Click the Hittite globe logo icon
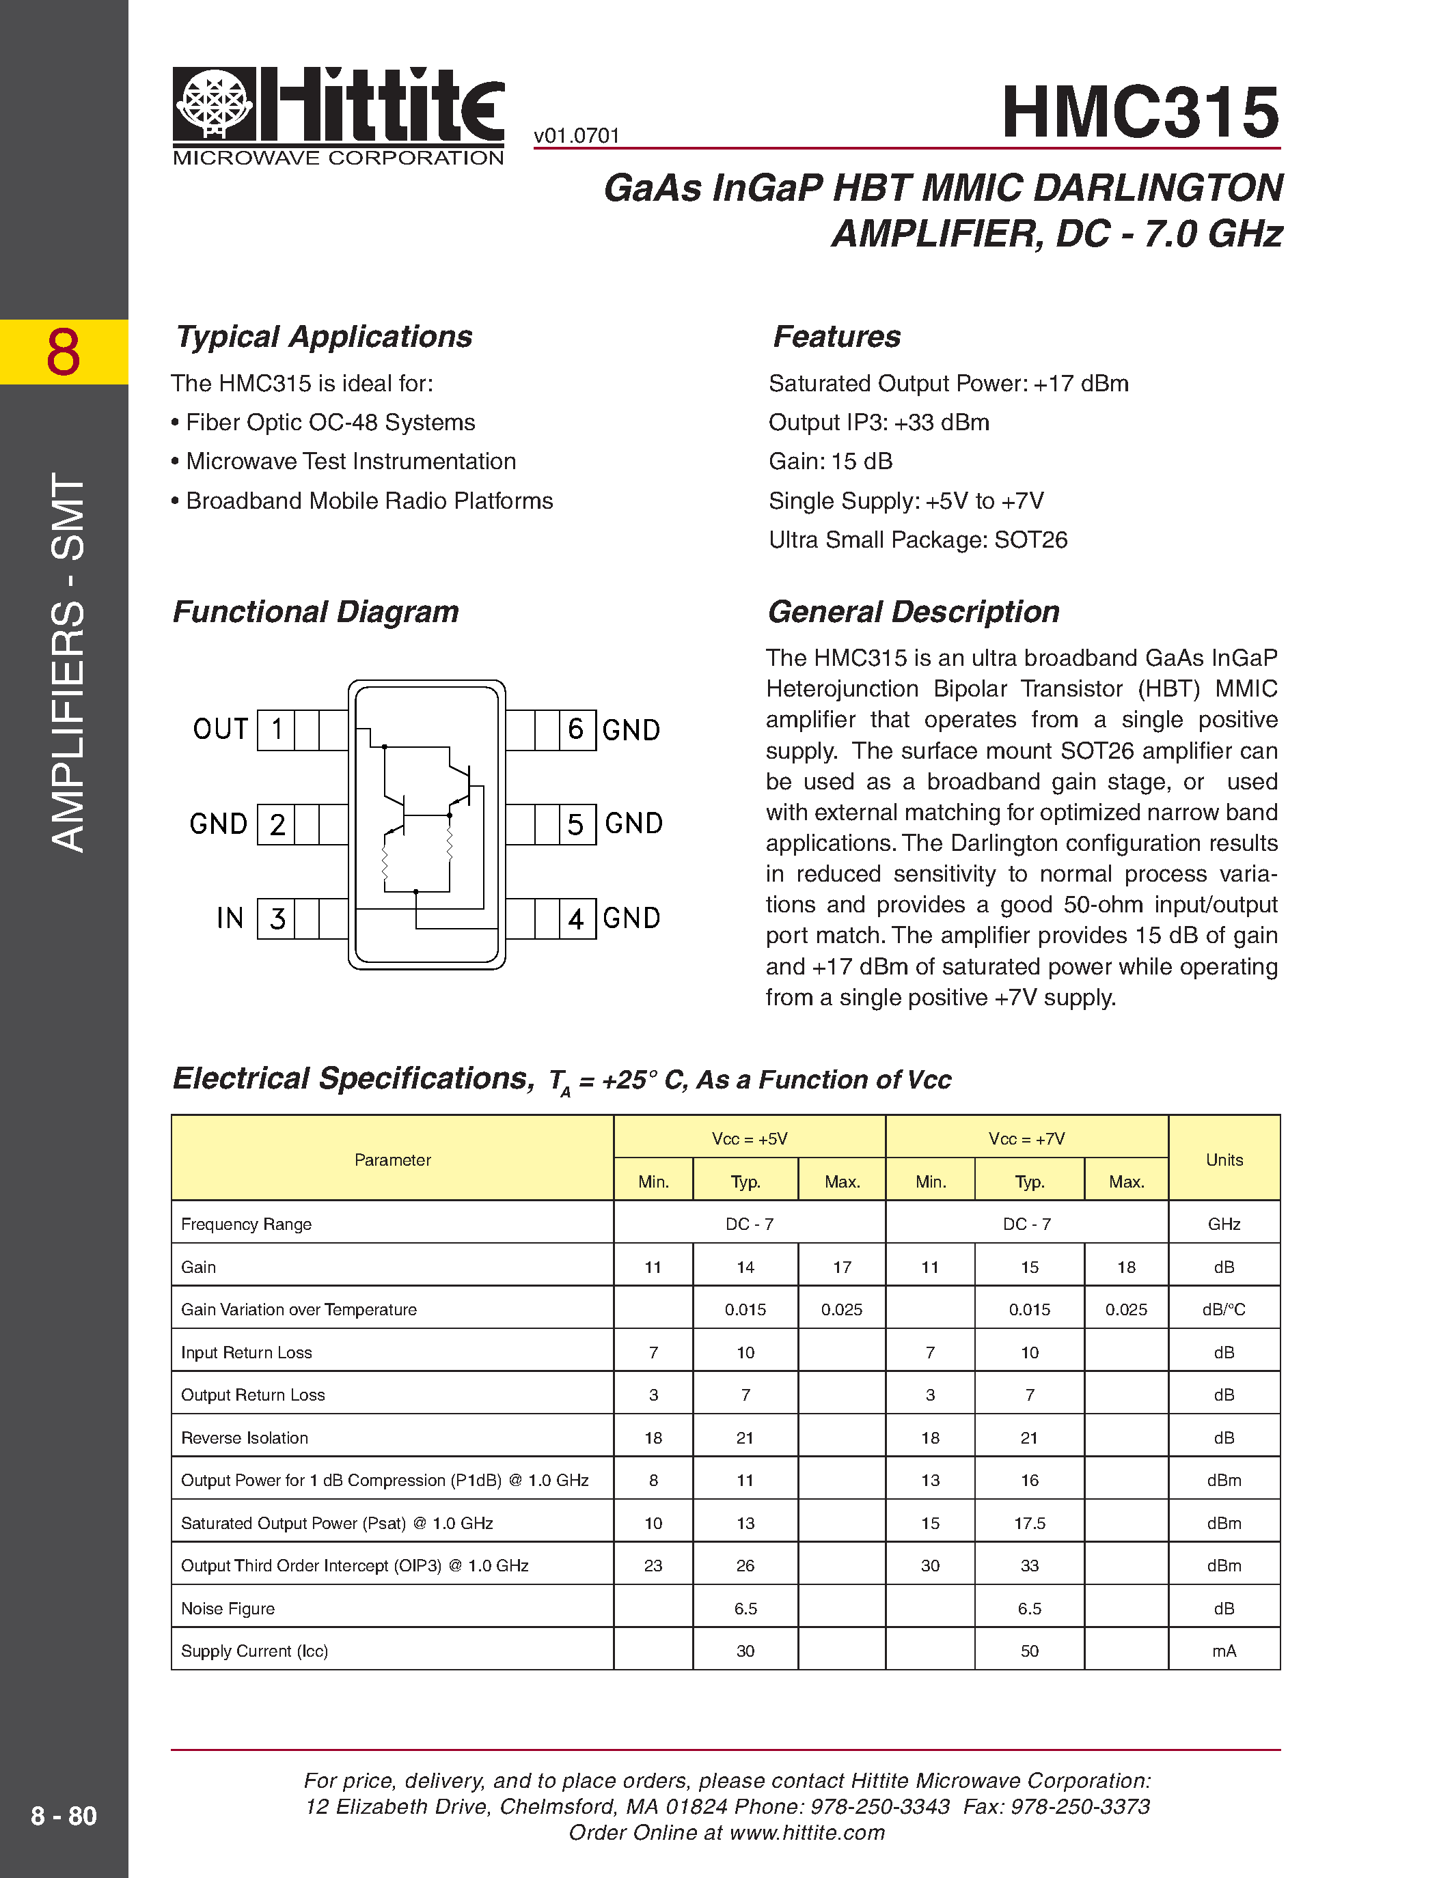[x=214, y=104]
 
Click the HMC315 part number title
[x=1140, y=112]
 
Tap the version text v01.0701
[x=576, y=136]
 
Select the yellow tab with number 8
[x=64, y=352]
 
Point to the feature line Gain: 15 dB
[x=830, y=462]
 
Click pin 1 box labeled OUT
[x=276, y=730]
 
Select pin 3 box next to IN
[x=276, y=919]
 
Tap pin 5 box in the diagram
[x=576, y=824]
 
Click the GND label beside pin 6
[x=631, y=730]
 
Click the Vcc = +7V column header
[x=1026, y=1138]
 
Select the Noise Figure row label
[x=228, y=1609]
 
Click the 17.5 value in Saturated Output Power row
[x=1029, y=1524]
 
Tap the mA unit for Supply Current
[x=1224, y=1651]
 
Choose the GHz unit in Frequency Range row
[x=1224, y=1224]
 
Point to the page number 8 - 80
[x=64, y=1815]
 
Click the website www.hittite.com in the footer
[x=807, y=1832]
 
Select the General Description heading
[x=914, y=611]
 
